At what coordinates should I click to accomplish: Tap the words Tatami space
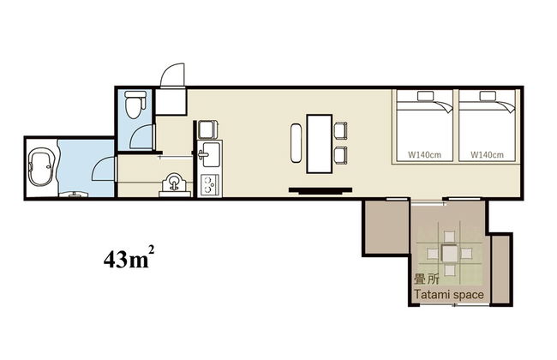click(x=449, y=295)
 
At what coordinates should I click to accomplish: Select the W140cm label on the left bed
click(x=424, y=154)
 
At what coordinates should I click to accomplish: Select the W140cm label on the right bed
click(x=487, y=154)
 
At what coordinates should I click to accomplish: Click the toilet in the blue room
click(x=135, y=105)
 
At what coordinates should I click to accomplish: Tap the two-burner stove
click(x=209, y=185)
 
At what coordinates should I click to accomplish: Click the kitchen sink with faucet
click(x=210, y=154)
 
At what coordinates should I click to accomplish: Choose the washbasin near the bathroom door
click(x=175, y=184)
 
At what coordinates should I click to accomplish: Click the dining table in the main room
click(x=320, y=144)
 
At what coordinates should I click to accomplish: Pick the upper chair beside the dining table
click(x=340, y=129)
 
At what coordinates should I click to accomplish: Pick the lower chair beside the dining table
click(x=340, y=154)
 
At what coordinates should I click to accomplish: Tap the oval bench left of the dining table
click(x=295, y=143)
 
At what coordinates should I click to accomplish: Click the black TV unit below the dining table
click(x=320, y=191)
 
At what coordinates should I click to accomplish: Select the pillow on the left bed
click(x=425, y=96)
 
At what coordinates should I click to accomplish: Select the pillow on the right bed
click(x=488, y=96)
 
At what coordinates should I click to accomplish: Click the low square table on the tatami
click(x=450, y=254)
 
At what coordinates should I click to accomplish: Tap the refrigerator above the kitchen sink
click(x=208, y=129)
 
